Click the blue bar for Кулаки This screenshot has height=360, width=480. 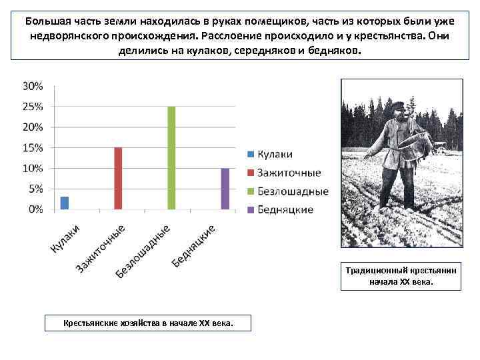point(65,203)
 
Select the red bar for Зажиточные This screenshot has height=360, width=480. point(118,178)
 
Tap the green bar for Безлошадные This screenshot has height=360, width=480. point(171,158)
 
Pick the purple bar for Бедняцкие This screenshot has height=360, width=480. point(225,189)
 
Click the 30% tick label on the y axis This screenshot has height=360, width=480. point(33,86)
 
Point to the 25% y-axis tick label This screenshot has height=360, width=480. point(33,107)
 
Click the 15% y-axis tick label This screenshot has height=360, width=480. point(33,147)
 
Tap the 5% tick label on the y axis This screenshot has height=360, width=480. point(35,189)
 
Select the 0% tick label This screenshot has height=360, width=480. point(35,209)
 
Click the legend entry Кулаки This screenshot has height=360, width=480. point(275,154)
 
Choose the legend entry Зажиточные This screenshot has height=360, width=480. point(289,173)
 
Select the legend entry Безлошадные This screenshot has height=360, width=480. point(293,191)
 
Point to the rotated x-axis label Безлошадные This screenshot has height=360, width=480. point(144,251)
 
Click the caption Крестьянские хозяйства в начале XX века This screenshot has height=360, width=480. point(148,323)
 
